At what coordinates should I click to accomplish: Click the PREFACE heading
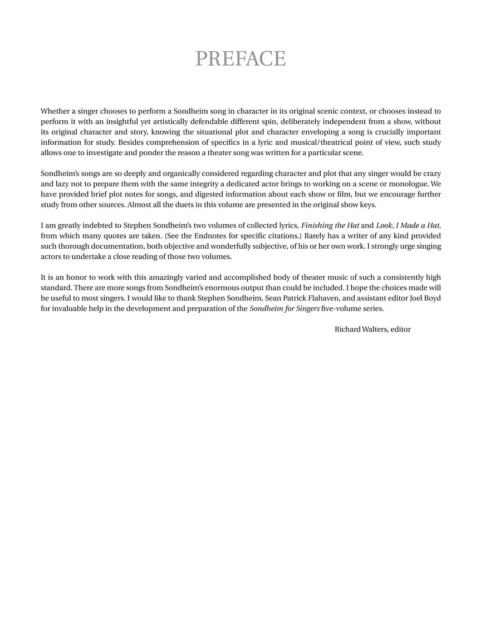click(x=240, y=58)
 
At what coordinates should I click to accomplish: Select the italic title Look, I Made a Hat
click(x=408, y=225)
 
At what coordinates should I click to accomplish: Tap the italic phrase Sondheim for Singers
click(x=284, y=309)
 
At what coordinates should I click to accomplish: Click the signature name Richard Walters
click(x=360, y=329)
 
